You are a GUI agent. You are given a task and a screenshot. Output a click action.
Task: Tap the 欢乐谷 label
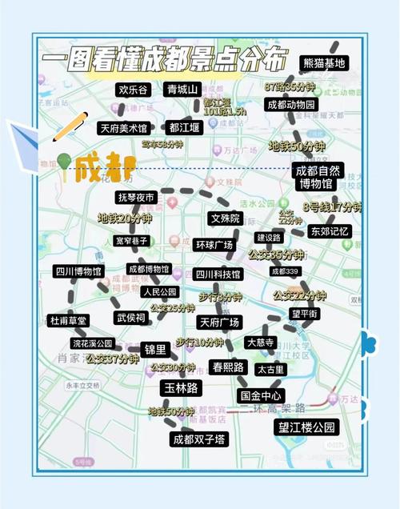pyautogui.click(x=133, y=90)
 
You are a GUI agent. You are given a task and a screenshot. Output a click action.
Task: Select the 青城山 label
pyautogui.click(x=182, y=89)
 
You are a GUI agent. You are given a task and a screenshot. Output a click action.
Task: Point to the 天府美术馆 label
pyautogui.click(x=123, y=127)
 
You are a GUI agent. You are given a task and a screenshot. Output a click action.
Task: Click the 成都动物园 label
pyautogui.click(x=293, y=105)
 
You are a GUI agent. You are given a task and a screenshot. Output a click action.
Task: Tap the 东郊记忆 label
pyautogui.click(x=330, y=231)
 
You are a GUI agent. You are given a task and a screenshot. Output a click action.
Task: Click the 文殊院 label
pyautogui.click(x=225, y=218)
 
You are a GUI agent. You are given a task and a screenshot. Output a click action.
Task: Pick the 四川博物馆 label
pyautogui.click(x=78, y=272)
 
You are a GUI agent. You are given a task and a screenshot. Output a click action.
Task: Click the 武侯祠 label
pyautogui.click(x=131, y=318)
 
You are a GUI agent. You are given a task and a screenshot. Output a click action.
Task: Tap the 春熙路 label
pyautogui.click(x=227, y=367)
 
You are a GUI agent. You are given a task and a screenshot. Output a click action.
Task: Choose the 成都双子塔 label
pyautogui.click(x=199, y=439)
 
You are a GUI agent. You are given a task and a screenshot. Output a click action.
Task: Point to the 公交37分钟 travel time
pyautogui.click(x=112, y=359)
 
